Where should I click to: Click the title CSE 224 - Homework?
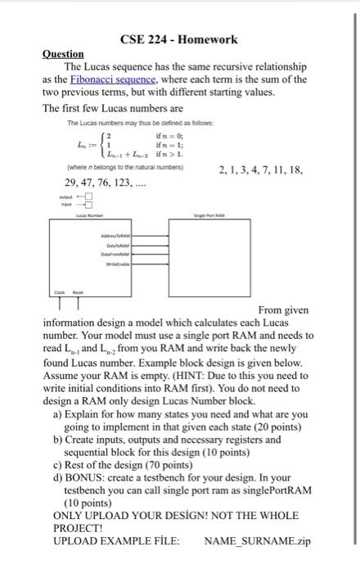[x=178, y=39]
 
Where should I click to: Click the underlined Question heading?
[x=62, y=54]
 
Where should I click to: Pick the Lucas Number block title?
[x=88, y=214]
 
